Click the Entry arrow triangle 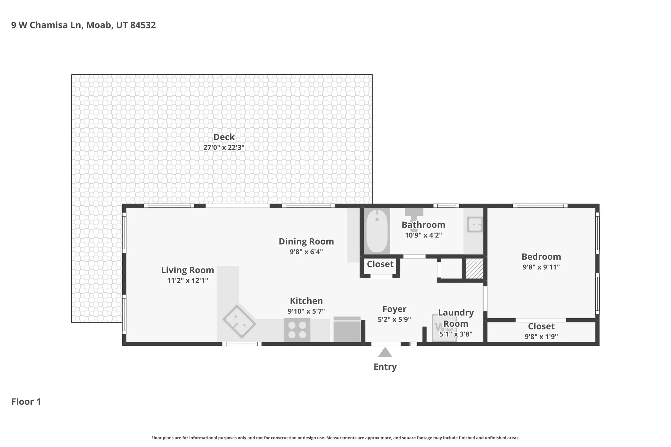(x=385, y=353)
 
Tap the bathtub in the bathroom (x=377, y=231)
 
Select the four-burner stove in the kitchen (x=297, y=330)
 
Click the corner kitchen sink (x=239, y=322)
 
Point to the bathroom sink (x=474, y=225)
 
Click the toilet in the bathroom (x=414, y=215)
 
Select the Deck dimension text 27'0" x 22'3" (x=224, y=147)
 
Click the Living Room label (x=187, y=270)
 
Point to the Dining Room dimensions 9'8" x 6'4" (x=306, y=252)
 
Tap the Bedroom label (x=541, y=257)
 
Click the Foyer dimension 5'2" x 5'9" (x=394, y=319)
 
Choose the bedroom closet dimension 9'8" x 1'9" (x=541, y=336)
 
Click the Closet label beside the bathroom (x=380, y=264)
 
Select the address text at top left (x=84, y=25)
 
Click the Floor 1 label (x=26, y=402)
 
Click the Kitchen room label (x=306, y=301)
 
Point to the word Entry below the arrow (x=385, y=367)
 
